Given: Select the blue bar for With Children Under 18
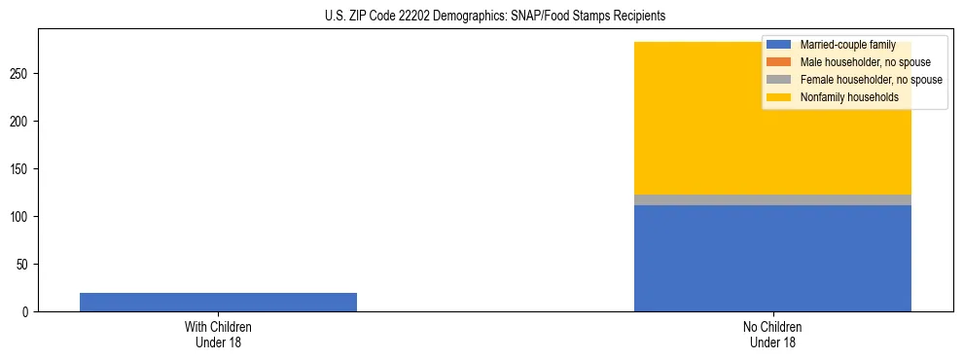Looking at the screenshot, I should point(218,302).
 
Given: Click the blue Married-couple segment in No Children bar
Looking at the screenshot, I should point(772,258).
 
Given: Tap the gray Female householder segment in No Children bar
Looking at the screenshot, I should point(772,199).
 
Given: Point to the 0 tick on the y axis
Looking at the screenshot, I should point(28,312).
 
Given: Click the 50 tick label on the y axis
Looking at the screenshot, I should point(25,265).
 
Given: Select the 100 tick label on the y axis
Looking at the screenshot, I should point(22,217).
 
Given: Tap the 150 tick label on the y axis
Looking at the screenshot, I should point(22,169).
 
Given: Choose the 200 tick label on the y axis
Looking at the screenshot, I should point(22,122).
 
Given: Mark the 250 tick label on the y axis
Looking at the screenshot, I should point(22,74).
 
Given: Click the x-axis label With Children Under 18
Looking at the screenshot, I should point(218,334).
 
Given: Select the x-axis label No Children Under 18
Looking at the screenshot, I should point(772,334).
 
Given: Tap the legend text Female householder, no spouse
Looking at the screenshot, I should point(871,80).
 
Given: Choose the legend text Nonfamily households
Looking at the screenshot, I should point(849,97).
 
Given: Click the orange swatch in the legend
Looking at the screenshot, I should point(779,62).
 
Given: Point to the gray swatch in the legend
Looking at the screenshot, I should point(779,80).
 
